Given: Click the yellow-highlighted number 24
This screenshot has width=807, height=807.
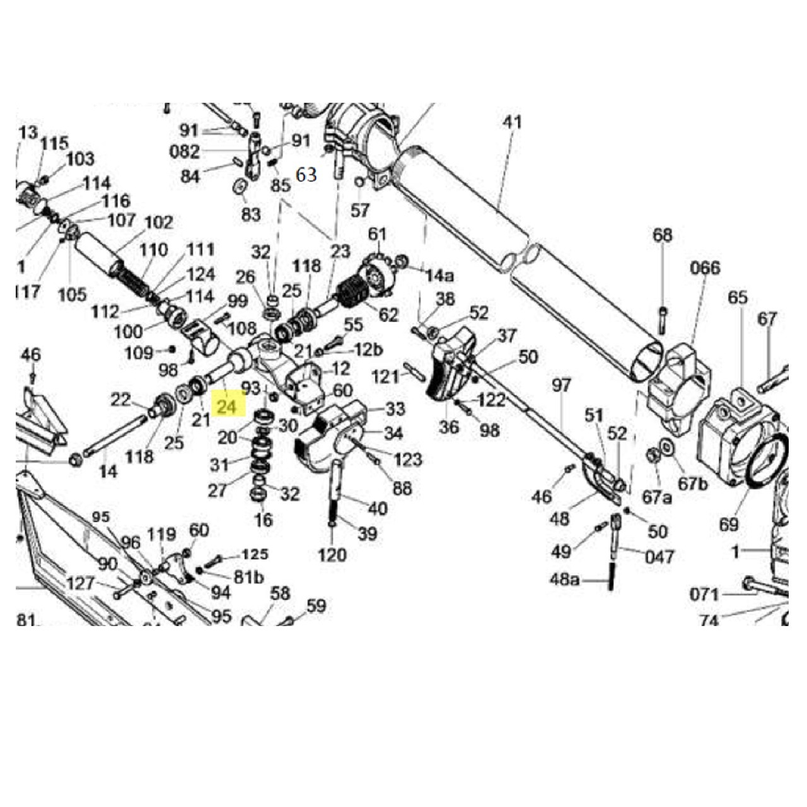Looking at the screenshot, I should point(228,407).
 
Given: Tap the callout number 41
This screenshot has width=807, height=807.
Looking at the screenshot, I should point(512,122).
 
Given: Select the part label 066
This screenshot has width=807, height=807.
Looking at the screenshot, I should point(704,268).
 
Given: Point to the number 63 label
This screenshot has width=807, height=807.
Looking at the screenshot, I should point(306,175).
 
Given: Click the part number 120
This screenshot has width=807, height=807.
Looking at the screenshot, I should point(332,554).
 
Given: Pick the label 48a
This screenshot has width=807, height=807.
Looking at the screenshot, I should point(564,579).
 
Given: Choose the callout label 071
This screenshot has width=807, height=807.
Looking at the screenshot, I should point(704,595).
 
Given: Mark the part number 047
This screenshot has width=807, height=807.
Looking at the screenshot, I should point(659,557).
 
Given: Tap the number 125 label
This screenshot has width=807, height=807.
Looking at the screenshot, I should point(255,555).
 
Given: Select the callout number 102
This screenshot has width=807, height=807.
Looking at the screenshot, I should point(158,223).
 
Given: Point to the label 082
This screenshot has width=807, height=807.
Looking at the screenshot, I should point(184,152).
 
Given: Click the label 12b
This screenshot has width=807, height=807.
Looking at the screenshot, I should point(369,349).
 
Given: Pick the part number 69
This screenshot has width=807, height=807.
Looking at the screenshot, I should point(728,524).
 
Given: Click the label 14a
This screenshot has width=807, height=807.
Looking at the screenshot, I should point(439,276).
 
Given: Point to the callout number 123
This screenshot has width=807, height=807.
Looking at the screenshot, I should point(407,459).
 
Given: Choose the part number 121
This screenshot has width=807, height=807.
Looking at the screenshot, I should point(385,377).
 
